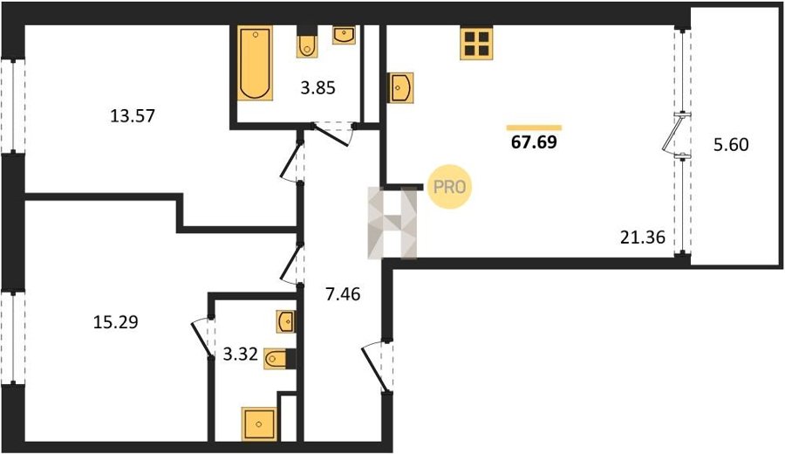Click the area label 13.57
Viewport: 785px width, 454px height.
tap(133, 116)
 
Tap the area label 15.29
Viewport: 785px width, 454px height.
tap(116, 321)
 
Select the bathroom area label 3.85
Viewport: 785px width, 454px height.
tap(317, 88)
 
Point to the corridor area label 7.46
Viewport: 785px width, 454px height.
tap(343, 294)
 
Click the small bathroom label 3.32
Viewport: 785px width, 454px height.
tap(241, 354)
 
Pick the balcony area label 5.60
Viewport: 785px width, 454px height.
tap(731, 145)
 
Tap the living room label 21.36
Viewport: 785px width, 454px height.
tap(643, 237)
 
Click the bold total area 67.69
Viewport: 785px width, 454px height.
tap(534, 142)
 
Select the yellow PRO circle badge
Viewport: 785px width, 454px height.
tap(449, 187)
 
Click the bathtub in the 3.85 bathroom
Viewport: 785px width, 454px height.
tap(256, 63)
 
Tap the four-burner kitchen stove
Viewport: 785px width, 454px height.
tap(476, 43)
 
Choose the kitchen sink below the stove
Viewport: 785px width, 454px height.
tap(400, 88)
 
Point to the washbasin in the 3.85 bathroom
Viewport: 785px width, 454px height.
tap(344, 35)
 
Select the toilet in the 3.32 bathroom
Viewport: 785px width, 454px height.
tap(279, 358)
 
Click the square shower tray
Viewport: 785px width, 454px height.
tap(259, 424)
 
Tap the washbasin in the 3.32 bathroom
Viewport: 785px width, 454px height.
tap(286, 321)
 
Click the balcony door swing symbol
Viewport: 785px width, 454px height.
tap(673, 134)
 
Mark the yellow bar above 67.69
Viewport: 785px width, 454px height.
tap(534, 127)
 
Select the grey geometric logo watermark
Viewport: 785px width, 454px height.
tap(392, 223)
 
